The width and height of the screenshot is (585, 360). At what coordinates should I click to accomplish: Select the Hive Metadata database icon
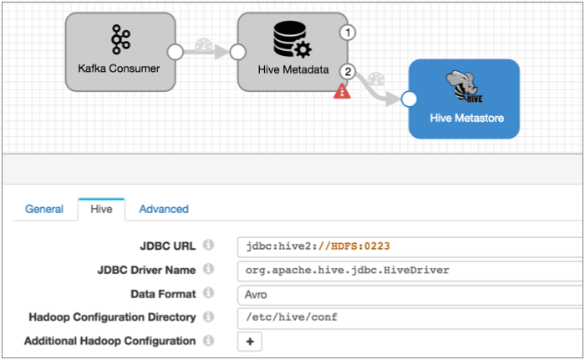(289, 38)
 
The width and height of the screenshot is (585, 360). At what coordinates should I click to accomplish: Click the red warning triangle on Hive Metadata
(342, 91)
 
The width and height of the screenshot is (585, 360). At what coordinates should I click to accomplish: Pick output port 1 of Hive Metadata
(348, 33)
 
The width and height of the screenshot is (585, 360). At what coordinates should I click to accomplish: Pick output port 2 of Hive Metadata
(348, 72)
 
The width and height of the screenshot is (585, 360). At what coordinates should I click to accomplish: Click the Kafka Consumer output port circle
(175, 52)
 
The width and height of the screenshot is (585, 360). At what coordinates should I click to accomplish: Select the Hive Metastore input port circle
(409, 99)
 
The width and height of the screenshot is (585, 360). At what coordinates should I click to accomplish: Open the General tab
(44, 209)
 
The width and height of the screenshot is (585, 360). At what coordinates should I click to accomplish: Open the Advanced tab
(164, 209)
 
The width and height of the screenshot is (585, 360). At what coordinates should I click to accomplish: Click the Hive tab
(101, 209)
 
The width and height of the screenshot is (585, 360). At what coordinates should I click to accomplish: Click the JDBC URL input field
(409, 246)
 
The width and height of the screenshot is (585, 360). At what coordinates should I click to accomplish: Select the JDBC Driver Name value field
(409, 270)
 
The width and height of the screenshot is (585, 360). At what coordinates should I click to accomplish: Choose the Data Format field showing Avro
(409, 293)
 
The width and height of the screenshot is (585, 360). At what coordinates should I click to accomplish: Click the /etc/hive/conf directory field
(409, 317)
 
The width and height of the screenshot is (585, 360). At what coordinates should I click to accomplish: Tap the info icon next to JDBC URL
(209, 246)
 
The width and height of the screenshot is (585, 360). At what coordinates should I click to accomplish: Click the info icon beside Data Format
(209, 293)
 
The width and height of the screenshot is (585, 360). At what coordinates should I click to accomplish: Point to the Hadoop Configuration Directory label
(112, 317)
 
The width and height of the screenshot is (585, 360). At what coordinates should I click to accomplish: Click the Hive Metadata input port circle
(237, 52)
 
